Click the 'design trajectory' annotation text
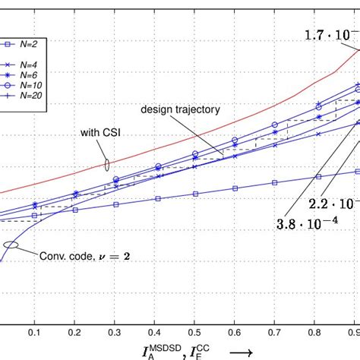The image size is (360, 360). pyautogui.click(x=180, y=109)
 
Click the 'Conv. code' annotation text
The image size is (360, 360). pyautogui.click(x=84, y=256)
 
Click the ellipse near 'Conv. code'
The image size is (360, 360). pyautogui.click(x=11, y=245)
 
